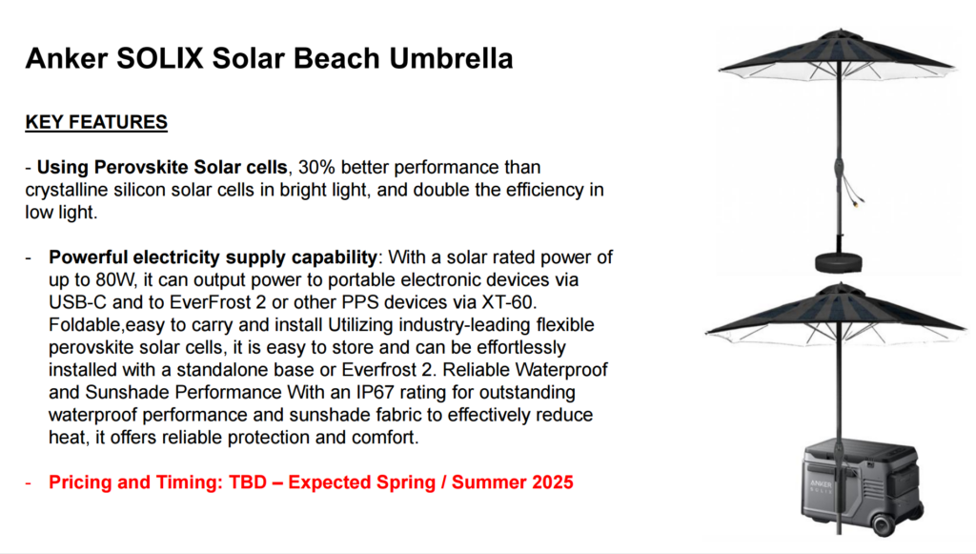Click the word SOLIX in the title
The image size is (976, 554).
(x=160, y=58)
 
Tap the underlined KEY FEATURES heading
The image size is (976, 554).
(x=96, y=122)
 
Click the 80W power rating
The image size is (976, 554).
(x=115, y=280)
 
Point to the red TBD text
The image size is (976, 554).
(x=248, y=482)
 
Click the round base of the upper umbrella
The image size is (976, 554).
(x=839, y=262)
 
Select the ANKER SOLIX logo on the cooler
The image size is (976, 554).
(x=821, y=486)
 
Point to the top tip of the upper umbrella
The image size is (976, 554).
(x=840, y=29)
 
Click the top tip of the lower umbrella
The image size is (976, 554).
(x=839, y=283)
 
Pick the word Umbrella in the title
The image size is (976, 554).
(x=451, y=58)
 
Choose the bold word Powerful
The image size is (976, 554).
(x=89, y=257)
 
